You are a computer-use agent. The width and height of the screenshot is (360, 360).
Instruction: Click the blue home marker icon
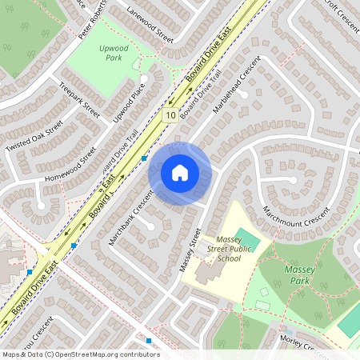point(180,173)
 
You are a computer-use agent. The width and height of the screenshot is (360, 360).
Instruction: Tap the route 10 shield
point(171,116)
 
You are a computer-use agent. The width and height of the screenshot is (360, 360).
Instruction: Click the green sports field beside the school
point(249,239)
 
